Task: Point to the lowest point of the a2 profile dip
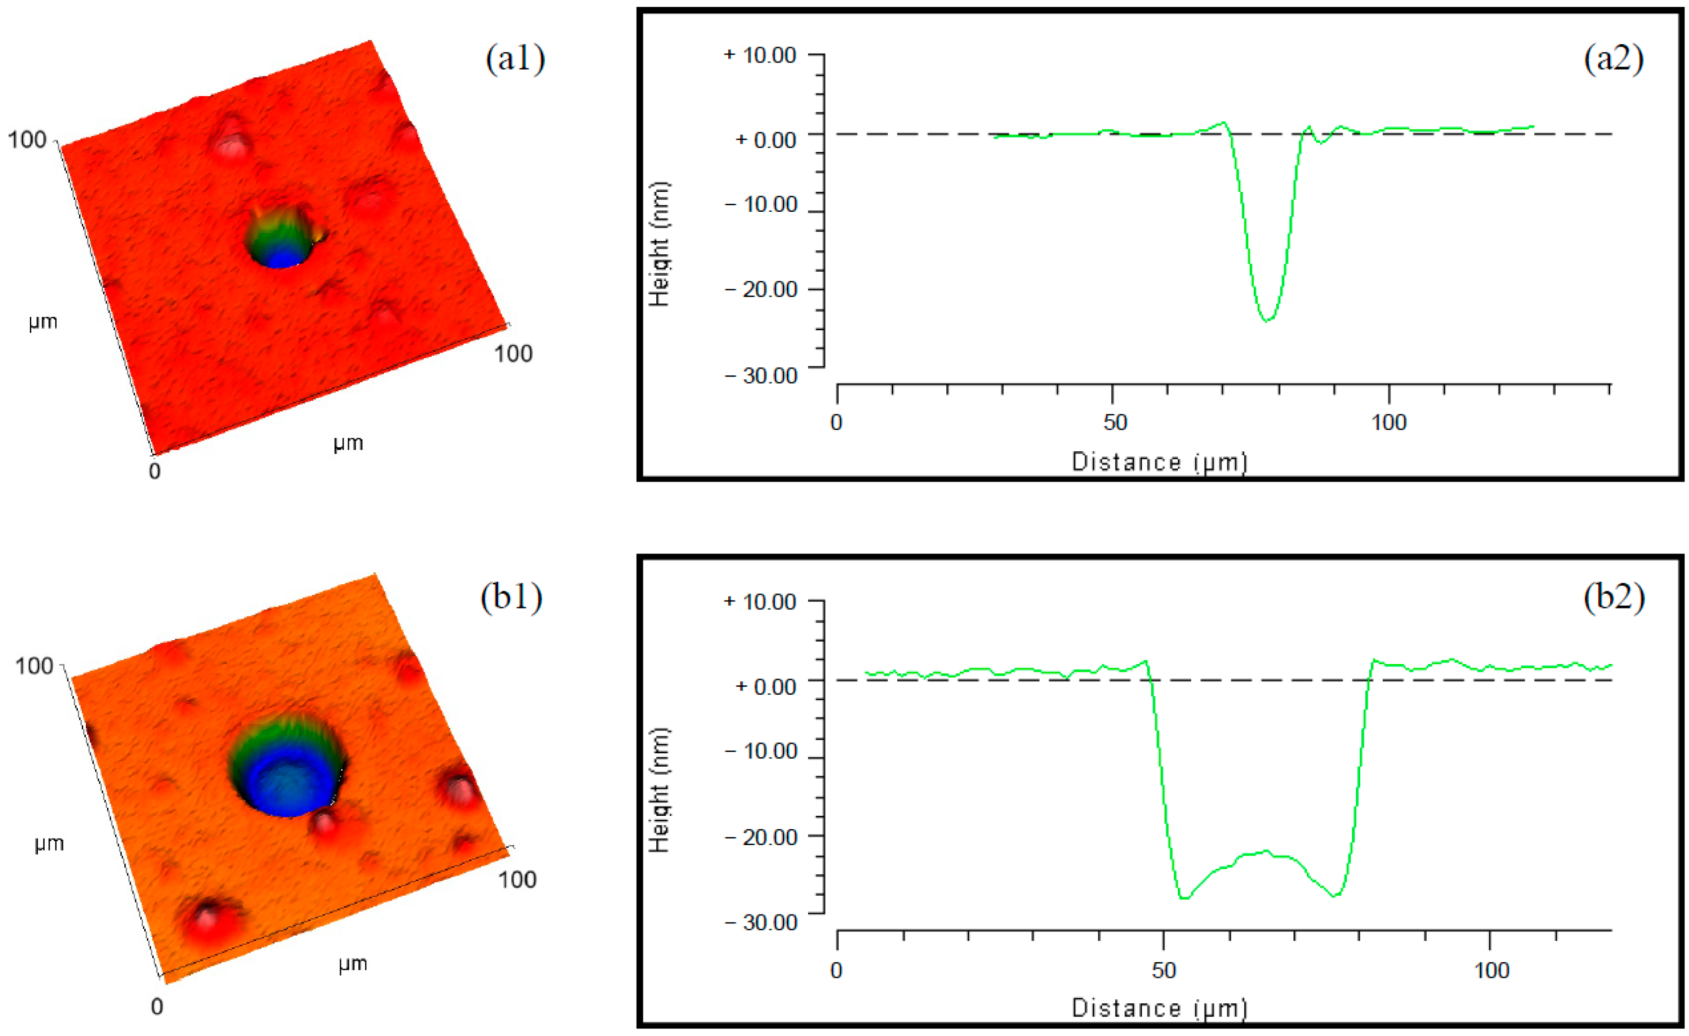(x=1268, y=319)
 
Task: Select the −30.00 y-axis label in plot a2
(x=761, y=376)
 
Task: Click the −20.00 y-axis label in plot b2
(x=761, y=837)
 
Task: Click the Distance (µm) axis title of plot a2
(x=1159, y=462)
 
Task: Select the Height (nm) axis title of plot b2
(x=659, y=790)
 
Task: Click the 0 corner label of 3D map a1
(x=155, y=471)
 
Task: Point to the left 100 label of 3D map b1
(x=34, y=666)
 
